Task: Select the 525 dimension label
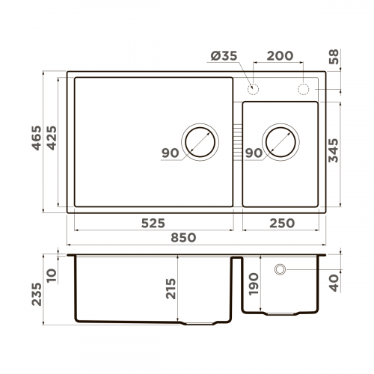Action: pos(152,223)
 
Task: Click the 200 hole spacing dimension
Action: pos(279,57)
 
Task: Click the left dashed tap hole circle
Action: pos(254,90)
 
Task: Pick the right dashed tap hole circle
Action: pos(304,90)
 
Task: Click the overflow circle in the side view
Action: pos(281,269)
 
